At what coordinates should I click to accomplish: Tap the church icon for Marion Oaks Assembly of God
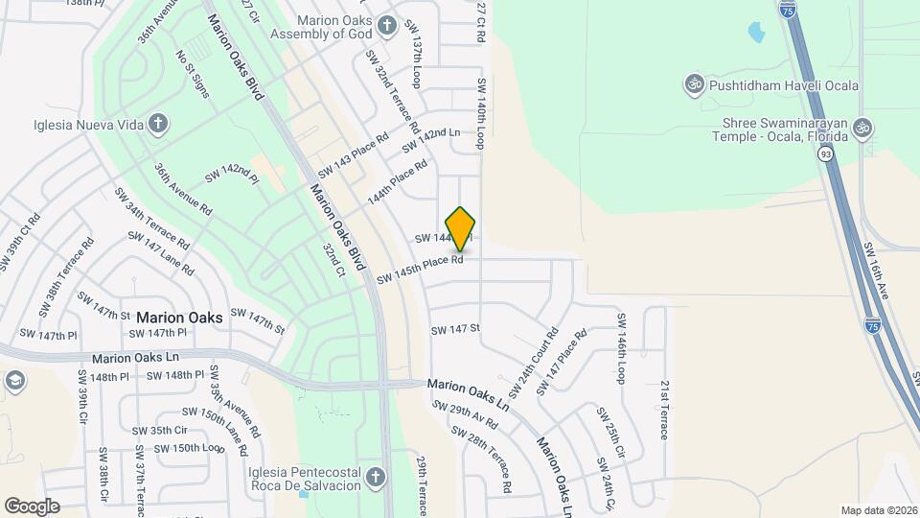pyautogui.click(x=386, y=25)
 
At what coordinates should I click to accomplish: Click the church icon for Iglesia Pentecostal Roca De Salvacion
pyautogui.click(x=377, y=477)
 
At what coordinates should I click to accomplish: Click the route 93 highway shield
pyautogui.click(x=825, y=153)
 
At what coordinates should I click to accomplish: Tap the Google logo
pyautogui.click(x=32, y=506)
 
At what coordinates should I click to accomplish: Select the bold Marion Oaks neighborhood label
pyautogui.click(x=179, y=318)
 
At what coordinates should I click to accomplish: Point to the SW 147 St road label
pyautogui.click(x=454, y=329)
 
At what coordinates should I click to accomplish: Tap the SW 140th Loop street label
pyautogui.click(x=480, y=114)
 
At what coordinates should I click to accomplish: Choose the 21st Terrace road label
pyautogui.click(x=663, y=408)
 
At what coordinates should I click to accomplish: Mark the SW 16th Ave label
pyautogui.click(x=877, y=271)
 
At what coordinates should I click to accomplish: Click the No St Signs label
pyautogui.click(x=192, y=74)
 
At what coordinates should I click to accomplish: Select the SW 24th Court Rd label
pyautogui.click(x=534, y=364)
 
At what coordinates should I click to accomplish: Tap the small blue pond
pyautogui.click(x=756, y=33)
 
